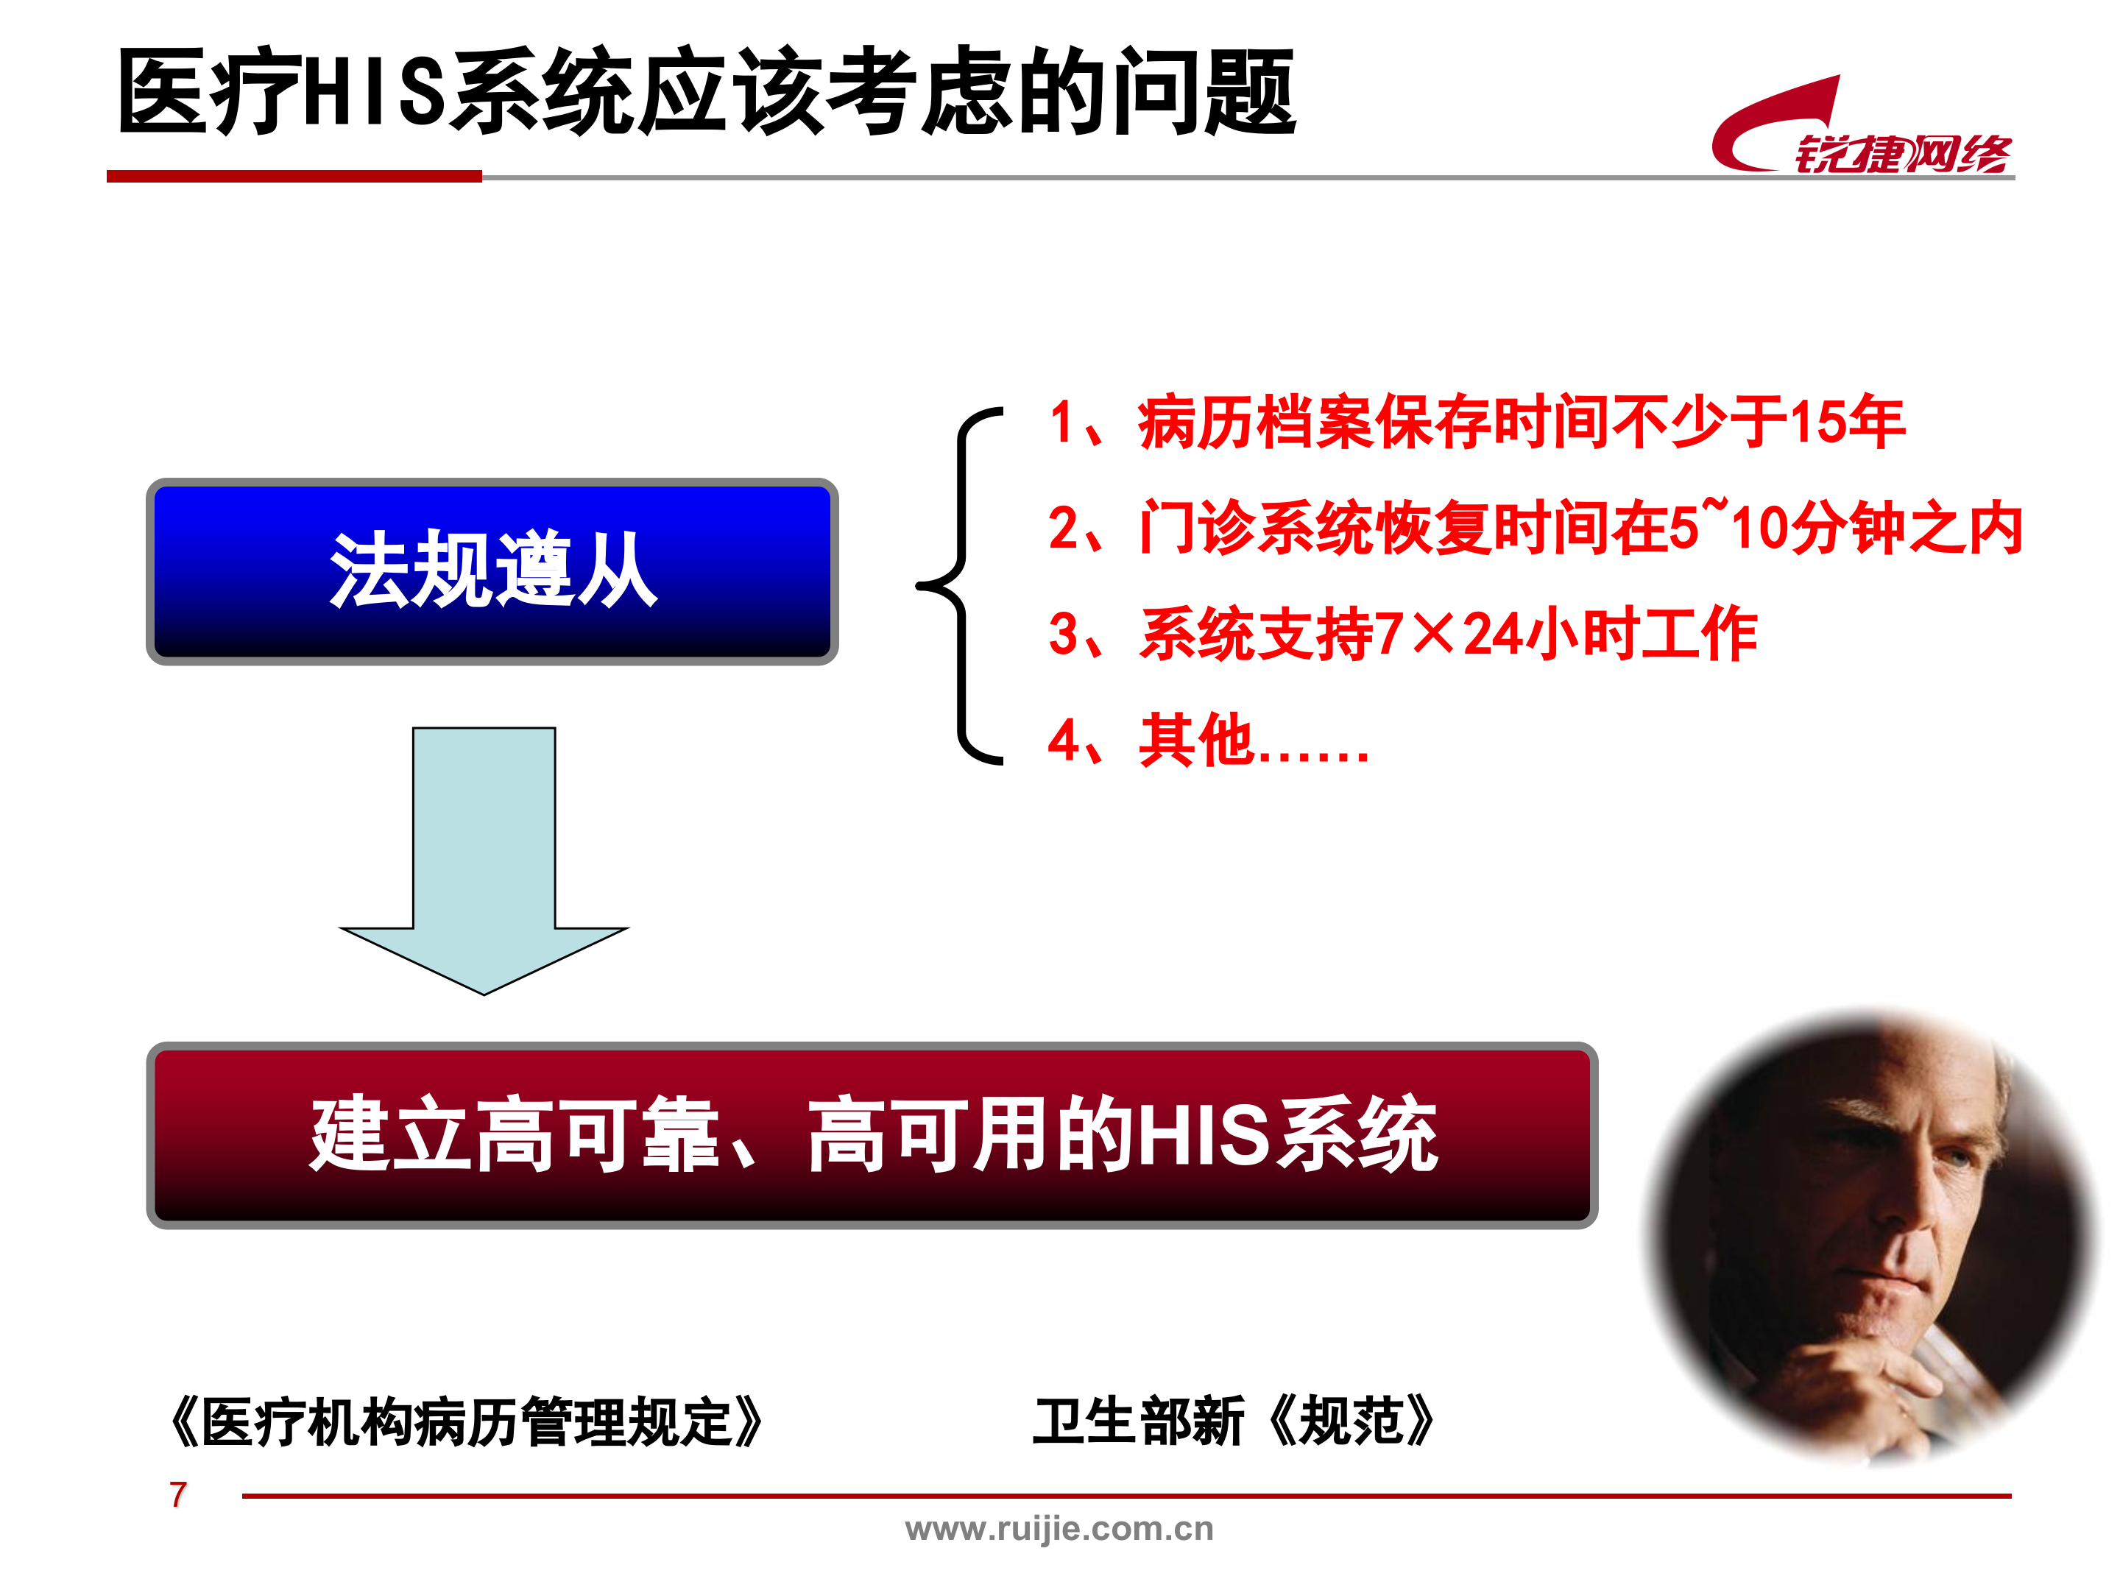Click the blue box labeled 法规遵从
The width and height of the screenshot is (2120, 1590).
pos(492,571)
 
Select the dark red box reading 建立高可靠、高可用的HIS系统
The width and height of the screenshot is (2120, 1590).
pos(872,1135)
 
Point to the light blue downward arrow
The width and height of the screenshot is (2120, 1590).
pos(484,863)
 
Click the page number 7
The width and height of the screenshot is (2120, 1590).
pos(178,1494)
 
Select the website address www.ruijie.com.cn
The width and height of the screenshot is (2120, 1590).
pos(1059,1529)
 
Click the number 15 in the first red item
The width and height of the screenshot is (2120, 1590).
pos(1817,423)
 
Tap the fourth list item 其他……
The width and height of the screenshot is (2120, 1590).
pos(1209,741)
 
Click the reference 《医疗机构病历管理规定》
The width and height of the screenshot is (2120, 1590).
pos(466,1422)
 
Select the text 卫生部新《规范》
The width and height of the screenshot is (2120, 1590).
pos(1234,1421)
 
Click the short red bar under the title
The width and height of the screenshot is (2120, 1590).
pos(293,177)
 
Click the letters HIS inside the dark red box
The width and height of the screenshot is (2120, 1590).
pos(1205,1136)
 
